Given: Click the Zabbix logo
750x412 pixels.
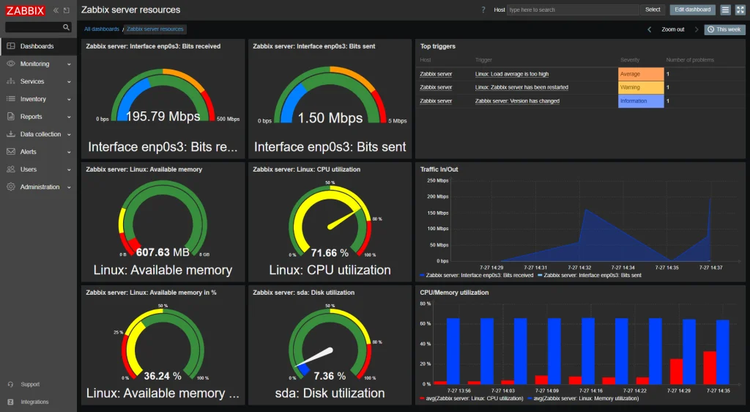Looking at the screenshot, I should [26, 10].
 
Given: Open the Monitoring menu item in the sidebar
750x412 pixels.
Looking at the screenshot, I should [34, 64].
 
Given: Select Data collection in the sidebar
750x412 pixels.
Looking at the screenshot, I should [40, 134].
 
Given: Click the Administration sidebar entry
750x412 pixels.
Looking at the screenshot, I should [40, 187].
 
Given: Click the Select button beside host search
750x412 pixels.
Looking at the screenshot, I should [652, 10].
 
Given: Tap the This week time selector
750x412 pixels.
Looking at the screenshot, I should [724, 29].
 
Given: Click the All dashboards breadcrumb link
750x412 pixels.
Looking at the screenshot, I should [101, 29].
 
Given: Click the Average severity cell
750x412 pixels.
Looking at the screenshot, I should [640, 74].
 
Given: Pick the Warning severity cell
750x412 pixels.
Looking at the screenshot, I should [640, 87].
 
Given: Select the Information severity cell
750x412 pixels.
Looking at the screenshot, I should [640, 101].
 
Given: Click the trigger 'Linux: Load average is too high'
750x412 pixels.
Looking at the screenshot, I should [511, 74].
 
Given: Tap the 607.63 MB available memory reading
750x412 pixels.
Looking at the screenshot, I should [163, 253].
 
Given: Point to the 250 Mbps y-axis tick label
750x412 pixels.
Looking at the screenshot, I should [437, 180].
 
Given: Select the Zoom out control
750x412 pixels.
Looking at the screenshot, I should [672, 29].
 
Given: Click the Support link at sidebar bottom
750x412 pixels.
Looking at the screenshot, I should [30, 384].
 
